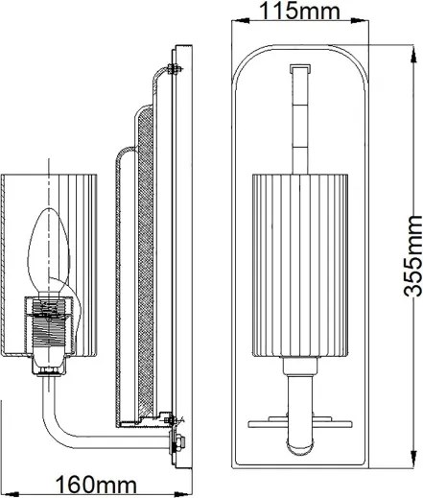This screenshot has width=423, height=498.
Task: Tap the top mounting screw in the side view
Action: [x=172, y=67]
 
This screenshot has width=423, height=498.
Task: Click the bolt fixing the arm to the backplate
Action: [x=177, y=442]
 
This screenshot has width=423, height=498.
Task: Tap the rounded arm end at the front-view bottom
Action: [x=297, y=444]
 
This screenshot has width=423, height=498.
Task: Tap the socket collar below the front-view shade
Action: [x=297, y=364]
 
